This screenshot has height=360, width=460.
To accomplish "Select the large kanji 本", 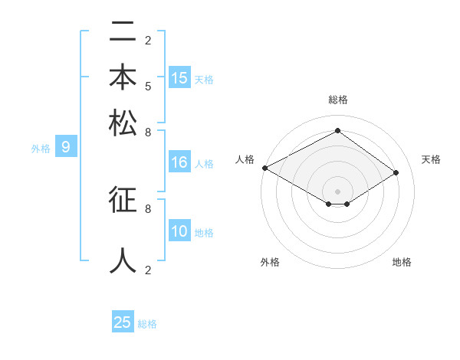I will (x=123, y=77).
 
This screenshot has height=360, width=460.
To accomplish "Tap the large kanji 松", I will (x=123, y=123).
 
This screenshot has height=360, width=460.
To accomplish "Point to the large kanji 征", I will (x=123, y=200).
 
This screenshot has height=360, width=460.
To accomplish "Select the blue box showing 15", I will (x=179, y=78).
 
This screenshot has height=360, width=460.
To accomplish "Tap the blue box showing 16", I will (x=179, y=162).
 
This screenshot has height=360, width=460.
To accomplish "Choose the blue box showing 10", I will (x=179, y=232).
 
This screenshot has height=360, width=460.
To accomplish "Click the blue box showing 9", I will (x=66, y=148).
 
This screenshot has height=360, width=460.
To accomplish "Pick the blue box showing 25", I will (x=123, y=322).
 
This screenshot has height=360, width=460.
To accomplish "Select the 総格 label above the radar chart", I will (x=337, y=100).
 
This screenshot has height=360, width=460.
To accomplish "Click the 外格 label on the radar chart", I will (x=270, y=263).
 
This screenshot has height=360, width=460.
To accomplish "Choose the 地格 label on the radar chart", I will (x=402, y=263).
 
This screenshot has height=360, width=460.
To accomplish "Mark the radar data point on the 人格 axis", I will (x=264, y=167).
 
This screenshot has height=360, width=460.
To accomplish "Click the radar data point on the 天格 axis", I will (x=396, y=172).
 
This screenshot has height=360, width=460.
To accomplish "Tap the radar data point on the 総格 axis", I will (x=337, y=131).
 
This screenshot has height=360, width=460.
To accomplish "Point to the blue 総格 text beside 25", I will (x=147, y=324).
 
